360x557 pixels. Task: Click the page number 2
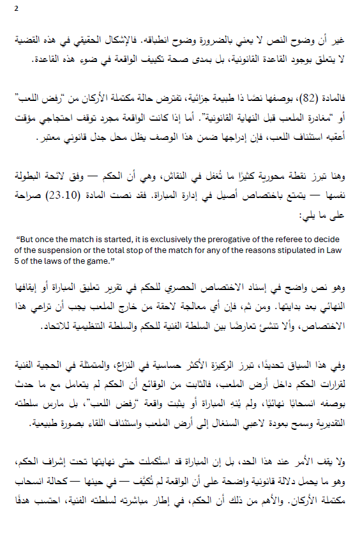click(x=16, y=8)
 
